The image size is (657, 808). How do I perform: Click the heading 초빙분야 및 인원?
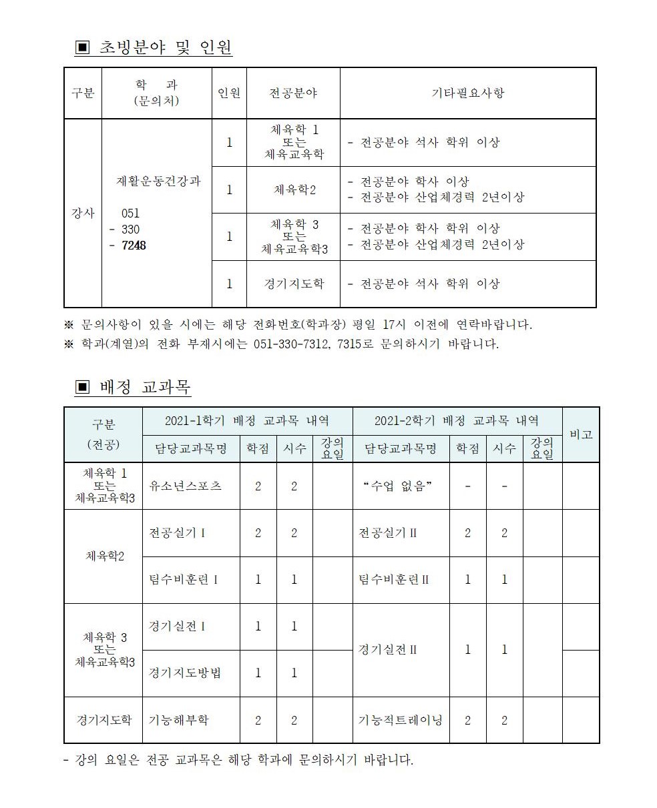(x=165, y=47)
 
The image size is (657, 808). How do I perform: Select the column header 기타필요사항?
(x=467, y=93)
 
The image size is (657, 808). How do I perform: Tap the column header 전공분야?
(x=293, y=93)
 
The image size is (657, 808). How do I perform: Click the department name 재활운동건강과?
(x=158, y=181)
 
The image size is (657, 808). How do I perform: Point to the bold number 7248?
(x=134, y=246)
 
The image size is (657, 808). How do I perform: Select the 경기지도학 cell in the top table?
(x=294, y=284)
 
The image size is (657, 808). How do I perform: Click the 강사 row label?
(x=83, y=214)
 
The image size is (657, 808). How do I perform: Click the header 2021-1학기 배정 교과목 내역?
(x=246, y=420)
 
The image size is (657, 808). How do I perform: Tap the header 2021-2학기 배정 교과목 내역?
(x=457, y=420)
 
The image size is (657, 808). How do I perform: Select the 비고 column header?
(x=581, y=434)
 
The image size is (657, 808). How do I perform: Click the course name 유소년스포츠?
(x=185, y=486)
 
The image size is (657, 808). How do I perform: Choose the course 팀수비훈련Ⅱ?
(x=394, y=579)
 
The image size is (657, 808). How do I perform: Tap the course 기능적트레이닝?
(x=400, y=720)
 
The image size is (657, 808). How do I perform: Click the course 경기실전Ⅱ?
(x=388, y=649)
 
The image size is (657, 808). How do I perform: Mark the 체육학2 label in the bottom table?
(x=105, y=556)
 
